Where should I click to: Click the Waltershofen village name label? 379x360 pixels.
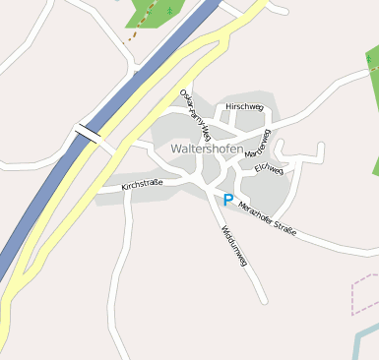pyautogui.click(x=207, y=149)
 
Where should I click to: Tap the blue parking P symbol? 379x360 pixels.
pyautogui.click(x=228, y=200)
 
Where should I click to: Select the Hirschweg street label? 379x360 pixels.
pyautogui.click(x=244, y=106)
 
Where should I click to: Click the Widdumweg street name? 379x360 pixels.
pyautogui.click(x=234, y=246)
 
